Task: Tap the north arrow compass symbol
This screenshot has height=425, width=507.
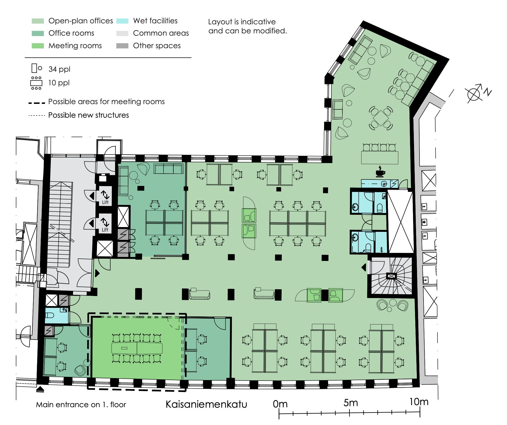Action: pyautogui.click(x=476, y=93)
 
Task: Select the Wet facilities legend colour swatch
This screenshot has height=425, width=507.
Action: pyautogui.click(x=122, y=21)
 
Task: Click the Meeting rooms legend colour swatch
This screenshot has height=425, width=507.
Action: pyautogui.click(x=38, y=46)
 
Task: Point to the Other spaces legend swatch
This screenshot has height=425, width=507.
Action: pyautogui.click(x=122, y=46)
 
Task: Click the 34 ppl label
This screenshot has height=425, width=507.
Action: pyautogui.click(x=59, y=69)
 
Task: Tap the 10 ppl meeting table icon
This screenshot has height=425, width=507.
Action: pyautogui.click(x=36, y=83)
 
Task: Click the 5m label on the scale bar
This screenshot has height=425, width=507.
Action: pyautogui.click(x=350, y=403)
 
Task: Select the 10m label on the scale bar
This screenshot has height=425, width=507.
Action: pyautogui.click(x=419, y=402)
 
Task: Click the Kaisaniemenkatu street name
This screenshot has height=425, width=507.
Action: pyautogui.click(x=206, y=404)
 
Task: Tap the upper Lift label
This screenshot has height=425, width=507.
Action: pyautogui.click(x=105, y=202)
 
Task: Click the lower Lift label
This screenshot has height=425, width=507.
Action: pyautogui.click(x=105, y=230)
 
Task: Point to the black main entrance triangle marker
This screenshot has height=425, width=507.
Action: pyautogui.click(x=40, y=389)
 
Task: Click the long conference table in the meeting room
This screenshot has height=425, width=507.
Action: pyautogui.click(x=137, y=348)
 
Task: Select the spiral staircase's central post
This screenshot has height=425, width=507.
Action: pyautogui.click(x=391, y=276)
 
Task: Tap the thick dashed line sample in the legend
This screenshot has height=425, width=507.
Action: pyautogui.click(x=37, y=103)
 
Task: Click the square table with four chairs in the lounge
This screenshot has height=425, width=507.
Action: pyautogui.click(x=381, y=118)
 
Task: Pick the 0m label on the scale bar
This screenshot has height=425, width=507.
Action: pyautogui.click(x=280, y=404)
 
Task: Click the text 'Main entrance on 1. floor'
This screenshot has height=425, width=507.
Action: pyautogui.click(x=81, y=404)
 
